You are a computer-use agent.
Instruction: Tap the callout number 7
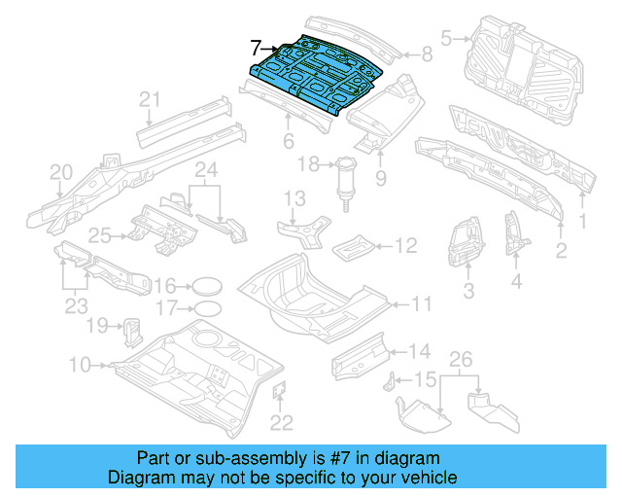click(x=256, y=47)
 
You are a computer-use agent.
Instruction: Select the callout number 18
click(x=308, y=164)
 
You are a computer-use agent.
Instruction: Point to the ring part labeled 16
click(x=203, y=286)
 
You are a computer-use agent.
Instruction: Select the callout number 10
click(x=80, y=365)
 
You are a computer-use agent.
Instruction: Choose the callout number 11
click(x=420, y=304)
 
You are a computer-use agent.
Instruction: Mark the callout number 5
click(x=447, y=39)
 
